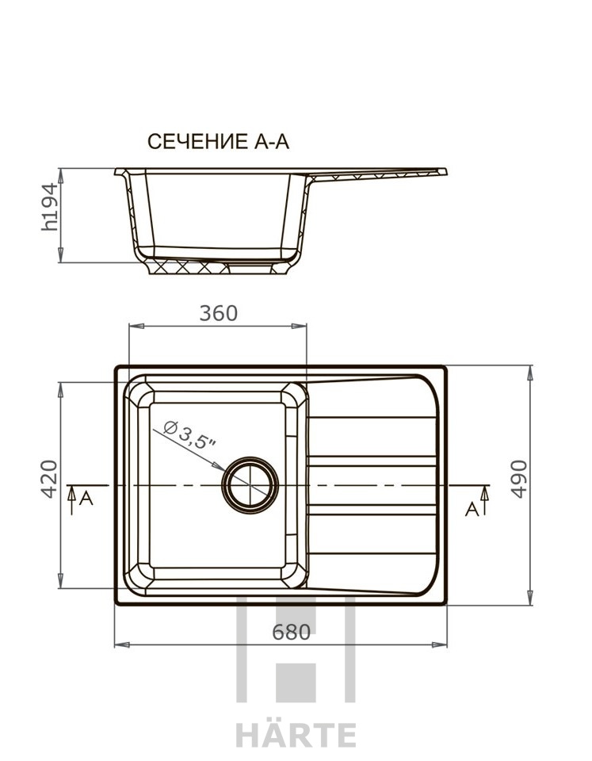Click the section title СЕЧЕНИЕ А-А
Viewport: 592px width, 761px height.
pyautogui.click(x=218, y=142)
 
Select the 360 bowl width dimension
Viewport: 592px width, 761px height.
pyautogui.click(x=219, y=314)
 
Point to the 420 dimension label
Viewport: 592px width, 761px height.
pyautogui.click(x=48, y=479)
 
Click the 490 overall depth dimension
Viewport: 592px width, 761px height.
pyautogui.click(x=519, y=479)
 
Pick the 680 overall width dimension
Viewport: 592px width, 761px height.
pyautogui.click(x=291, y=632)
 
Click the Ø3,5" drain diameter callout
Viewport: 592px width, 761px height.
pyautogui.click(x=190, y=435)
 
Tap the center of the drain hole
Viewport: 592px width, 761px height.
pyautogui.click(x=250, y=485)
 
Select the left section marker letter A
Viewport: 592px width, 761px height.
pyautogui.click(x=86, y=498)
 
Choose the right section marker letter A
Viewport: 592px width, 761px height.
pyautogui.click(x=472, y=509)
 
